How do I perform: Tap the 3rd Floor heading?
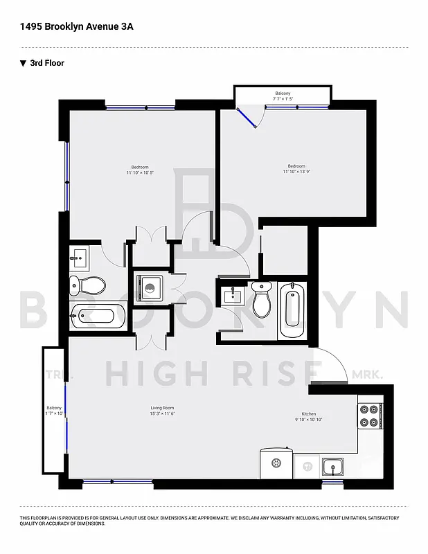(x=46, y=63)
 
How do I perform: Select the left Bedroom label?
(x=140, y=169)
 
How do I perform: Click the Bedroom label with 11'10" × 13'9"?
(x=296, y=168)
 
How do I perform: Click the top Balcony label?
(x=283, y=96)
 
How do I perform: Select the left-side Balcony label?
(x=54, y=411)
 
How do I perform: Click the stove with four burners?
(x=369, y=415)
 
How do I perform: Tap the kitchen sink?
(x=332, y=466)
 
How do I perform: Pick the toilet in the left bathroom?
(x=88, y=285)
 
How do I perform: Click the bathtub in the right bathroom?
(x=292, y=308)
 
